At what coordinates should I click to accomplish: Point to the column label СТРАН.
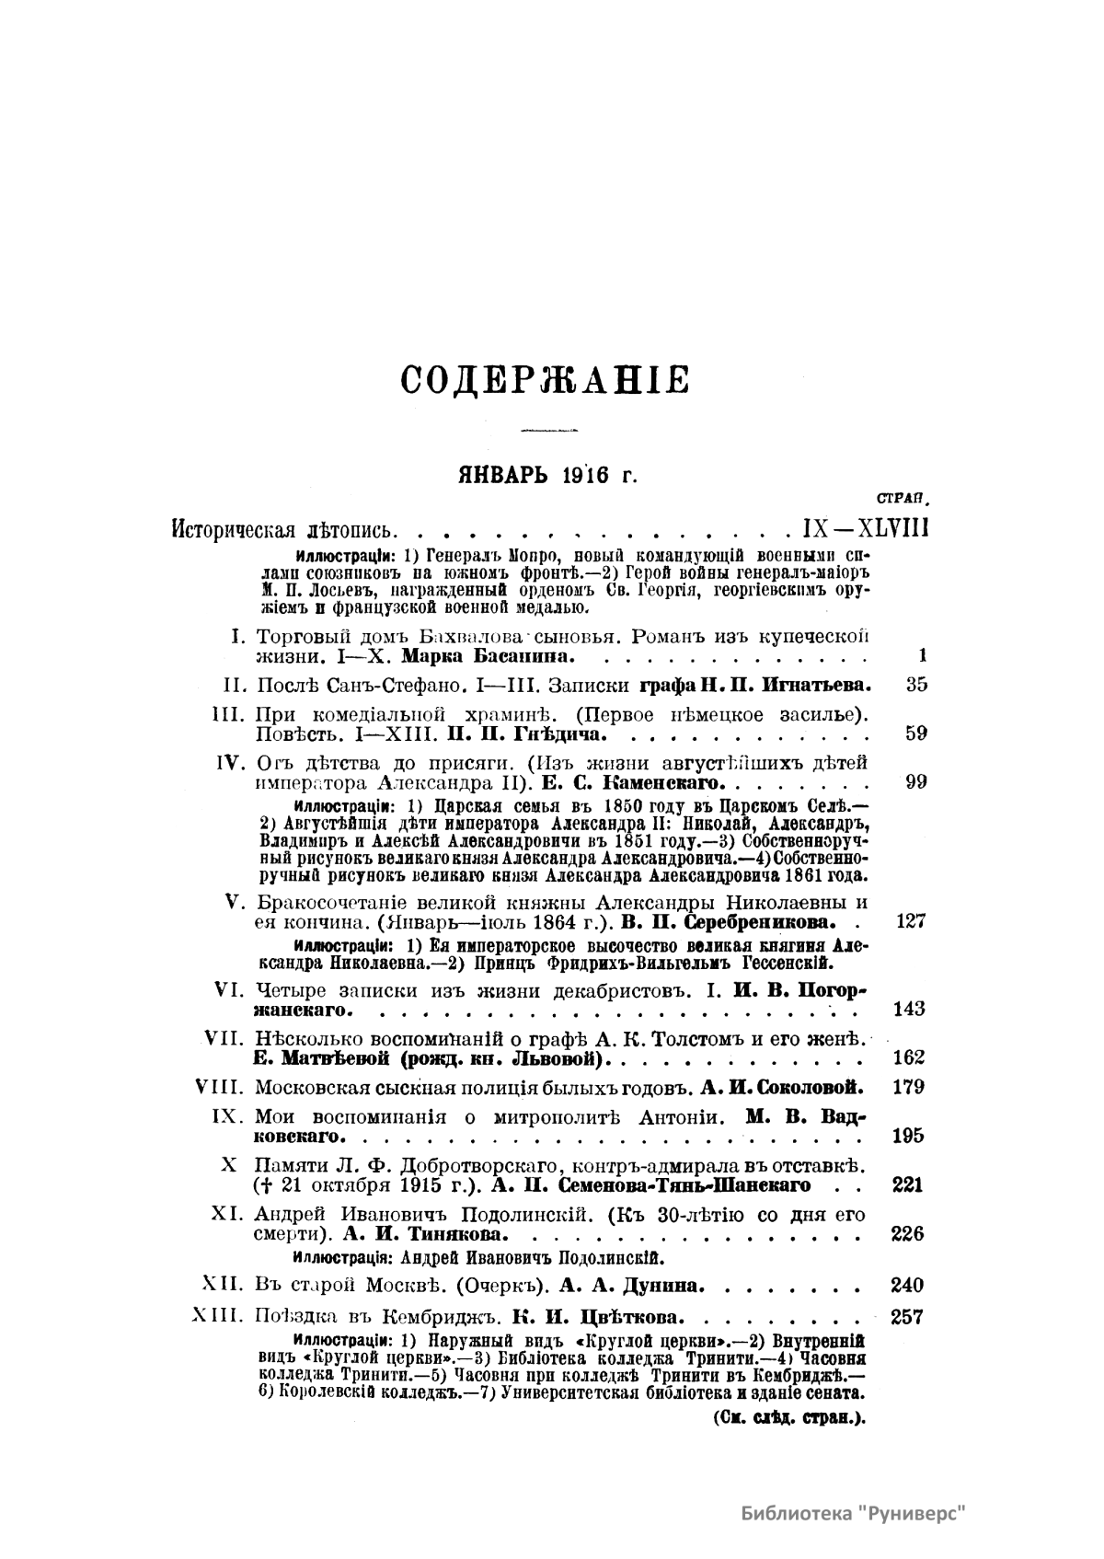[903, 499]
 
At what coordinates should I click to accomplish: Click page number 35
[915, 685]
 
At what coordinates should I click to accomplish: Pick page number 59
[915, 733]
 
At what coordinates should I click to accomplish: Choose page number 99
[915, 782]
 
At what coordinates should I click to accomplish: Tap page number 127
[910, 922]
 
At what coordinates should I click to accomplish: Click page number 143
[909, 1009]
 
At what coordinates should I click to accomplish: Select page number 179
[909, 1087]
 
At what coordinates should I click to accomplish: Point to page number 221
[908, 1184]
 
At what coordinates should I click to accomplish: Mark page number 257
[908, 1316]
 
